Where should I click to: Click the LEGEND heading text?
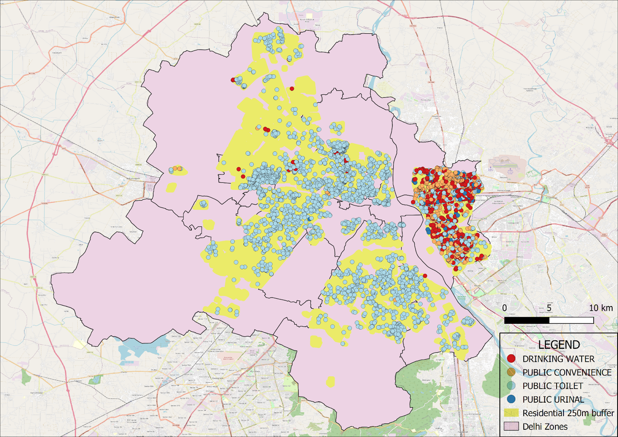pyautogui.click(x=559, y=344)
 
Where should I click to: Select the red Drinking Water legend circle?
pyautogui.click(x=511, y=359)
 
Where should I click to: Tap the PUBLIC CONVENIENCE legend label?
pyautogui.click(x=567, y=372)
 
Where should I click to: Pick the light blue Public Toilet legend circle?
pyautogui.click(x=511, y=386)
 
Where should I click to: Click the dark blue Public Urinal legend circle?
pyautogui.click(x=511, y=399)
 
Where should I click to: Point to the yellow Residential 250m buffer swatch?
pyautogui.click(x=511, y=413)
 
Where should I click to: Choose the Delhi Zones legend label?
pyautogui.click(x=545, y=427)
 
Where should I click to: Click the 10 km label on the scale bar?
pyautogui.click(x=601, y=308)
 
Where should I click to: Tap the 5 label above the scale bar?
pyautogui.click(x=549, y=308)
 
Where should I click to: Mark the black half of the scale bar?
pyautogui.click(x=526, y=320)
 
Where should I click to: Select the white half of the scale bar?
pyautogui.click(x=571, y=320)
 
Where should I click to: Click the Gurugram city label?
pyautogui.click(x=218, y=378)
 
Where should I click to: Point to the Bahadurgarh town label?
pyautogui.click(x=133, y=179)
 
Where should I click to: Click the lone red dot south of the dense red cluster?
pyautogui.click(x=425, y=275)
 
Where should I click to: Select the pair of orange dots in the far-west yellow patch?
pyautogui.click(x=177, y=168)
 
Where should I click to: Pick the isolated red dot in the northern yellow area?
pyautogui.click(x=292, y=88)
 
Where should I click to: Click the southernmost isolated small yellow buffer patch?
pyautogui.click(x=330, y=382)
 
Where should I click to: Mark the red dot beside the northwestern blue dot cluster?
pyautogui.click(x=233, y=80)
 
